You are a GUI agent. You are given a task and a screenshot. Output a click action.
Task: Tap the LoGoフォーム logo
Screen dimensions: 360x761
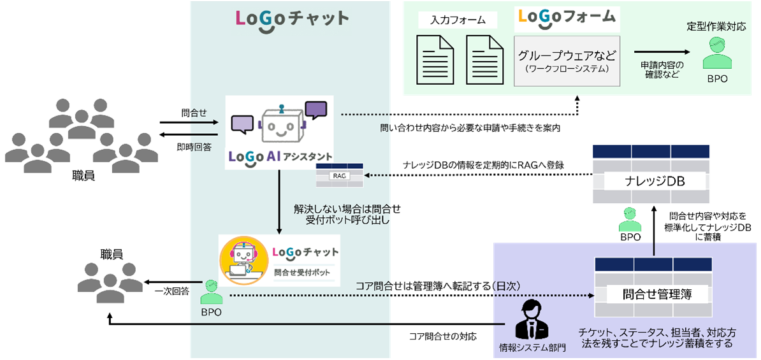pyautogui.click(x=567, y=17)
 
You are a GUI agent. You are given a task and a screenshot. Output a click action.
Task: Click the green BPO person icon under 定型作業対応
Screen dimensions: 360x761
pyautogui.click(x=716, y=54)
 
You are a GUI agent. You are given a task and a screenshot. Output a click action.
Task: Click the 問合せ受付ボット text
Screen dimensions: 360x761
pyautogui.click(x=303, y=272)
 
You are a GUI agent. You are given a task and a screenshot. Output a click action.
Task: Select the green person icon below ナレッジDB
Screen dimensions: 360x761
pyautogui.click(x=630, y=220)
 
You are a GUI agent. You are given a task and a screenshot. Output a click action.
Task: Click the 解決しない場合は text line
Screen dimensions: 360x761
pyautogui.click(x=342, y=209)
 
